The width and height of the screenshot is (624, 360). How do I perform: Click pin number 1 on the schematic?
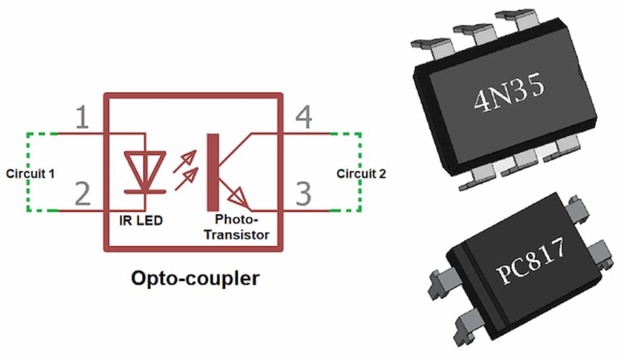(82, 118)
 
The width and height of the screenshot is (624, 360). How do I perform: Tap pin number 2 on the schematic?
(82, 195)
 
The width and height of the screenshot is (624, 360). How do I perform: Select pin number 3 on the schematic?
(303, 194)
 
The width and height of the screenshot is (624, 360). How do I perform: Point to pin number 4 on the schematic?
(303, 118)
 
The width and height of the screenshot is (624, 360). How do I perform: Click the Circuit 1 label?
(30, 174)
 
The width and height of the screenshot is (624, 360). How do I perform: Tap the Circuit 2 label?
(361, 174)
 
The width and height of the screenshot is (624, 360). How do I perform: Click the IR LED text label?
(141, 221)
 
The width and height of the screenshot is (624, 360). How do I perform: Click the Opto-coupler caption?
(195, 278)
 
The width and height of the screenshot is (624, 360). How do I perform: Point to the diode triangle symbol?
(144, 168)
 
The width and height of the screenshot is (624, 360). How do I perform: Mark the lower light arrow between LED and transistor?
(190, 177)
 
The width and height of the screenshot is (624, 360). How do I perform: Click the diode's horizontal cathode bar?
(145, 191)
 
